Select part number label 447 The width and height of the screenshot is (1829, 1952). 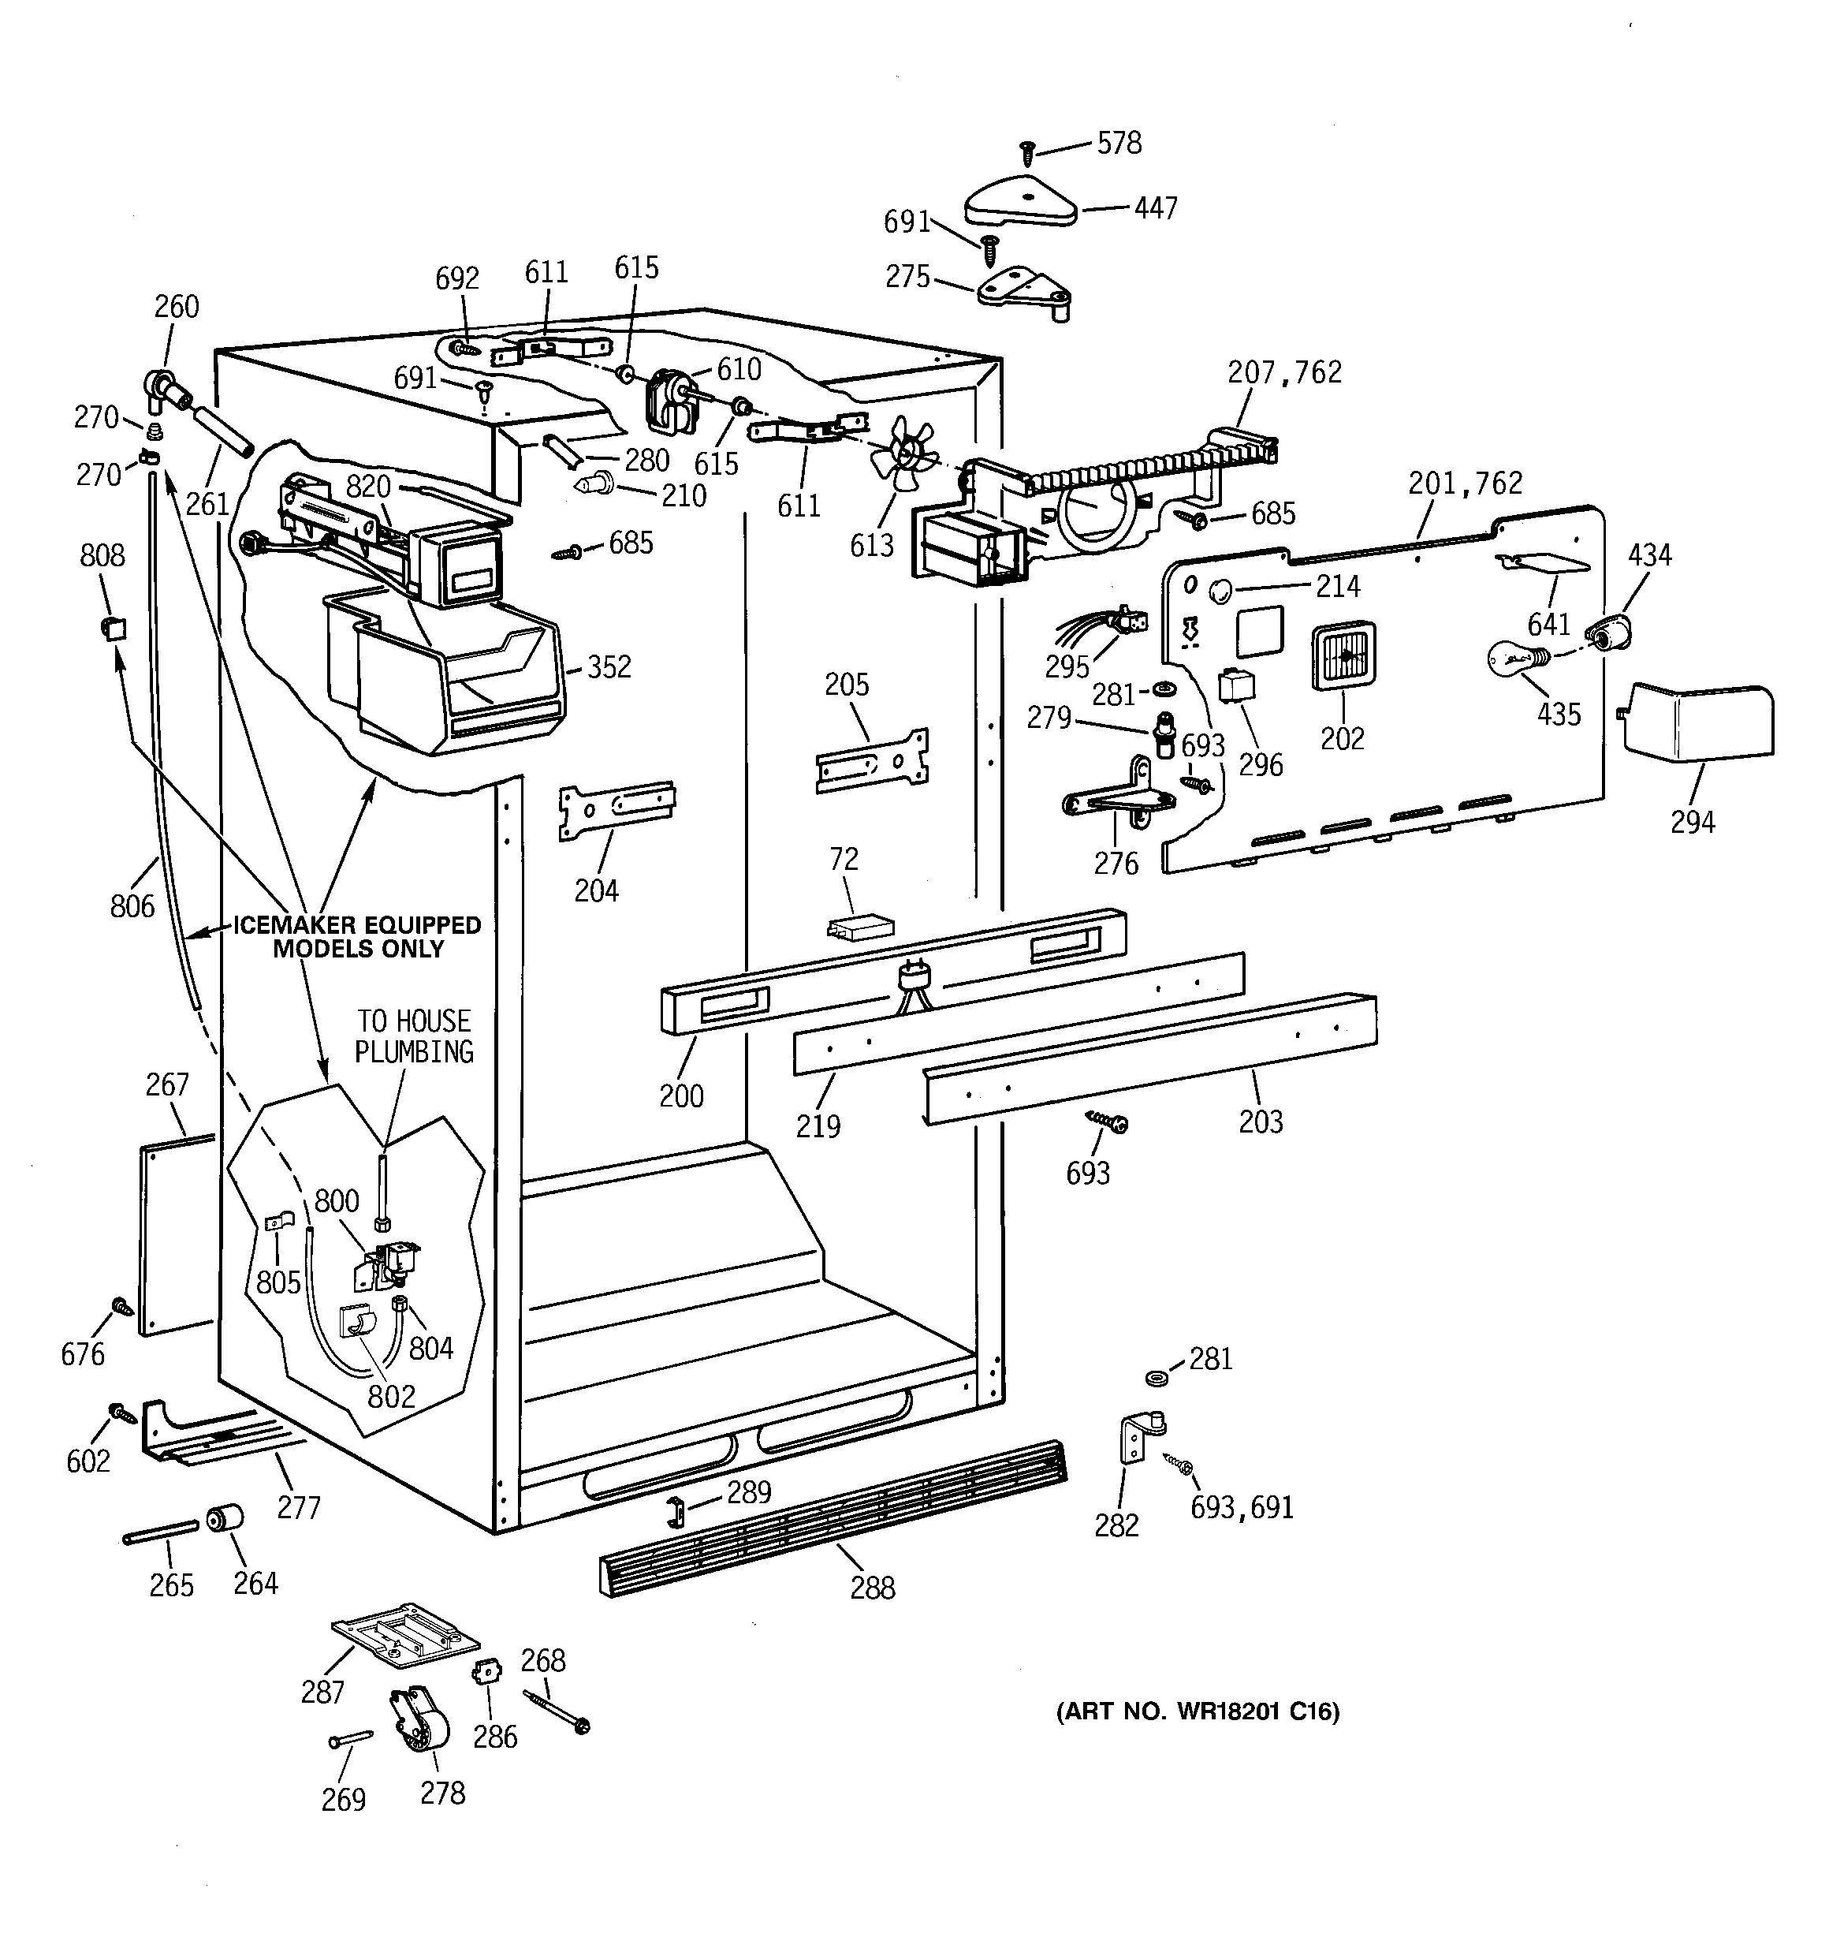click(1156, 208)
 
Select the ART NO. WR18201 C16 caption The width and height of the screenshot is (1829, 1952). click(1197, 1711)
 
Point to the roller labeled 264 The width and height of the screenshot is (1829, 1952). click(225, 1519)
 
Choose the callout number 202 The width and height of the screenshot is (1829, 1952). click(1342, 738)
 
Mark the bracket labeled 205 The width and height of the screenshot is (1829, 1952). click(872, 758)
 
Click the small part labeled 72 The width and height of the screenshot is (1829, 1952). click(861, 927)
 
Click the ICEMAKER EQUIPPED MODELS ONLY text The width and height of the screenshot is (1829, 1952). click(357, 937)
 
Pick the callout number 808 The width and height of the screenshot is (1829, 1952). click(102, 556)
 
